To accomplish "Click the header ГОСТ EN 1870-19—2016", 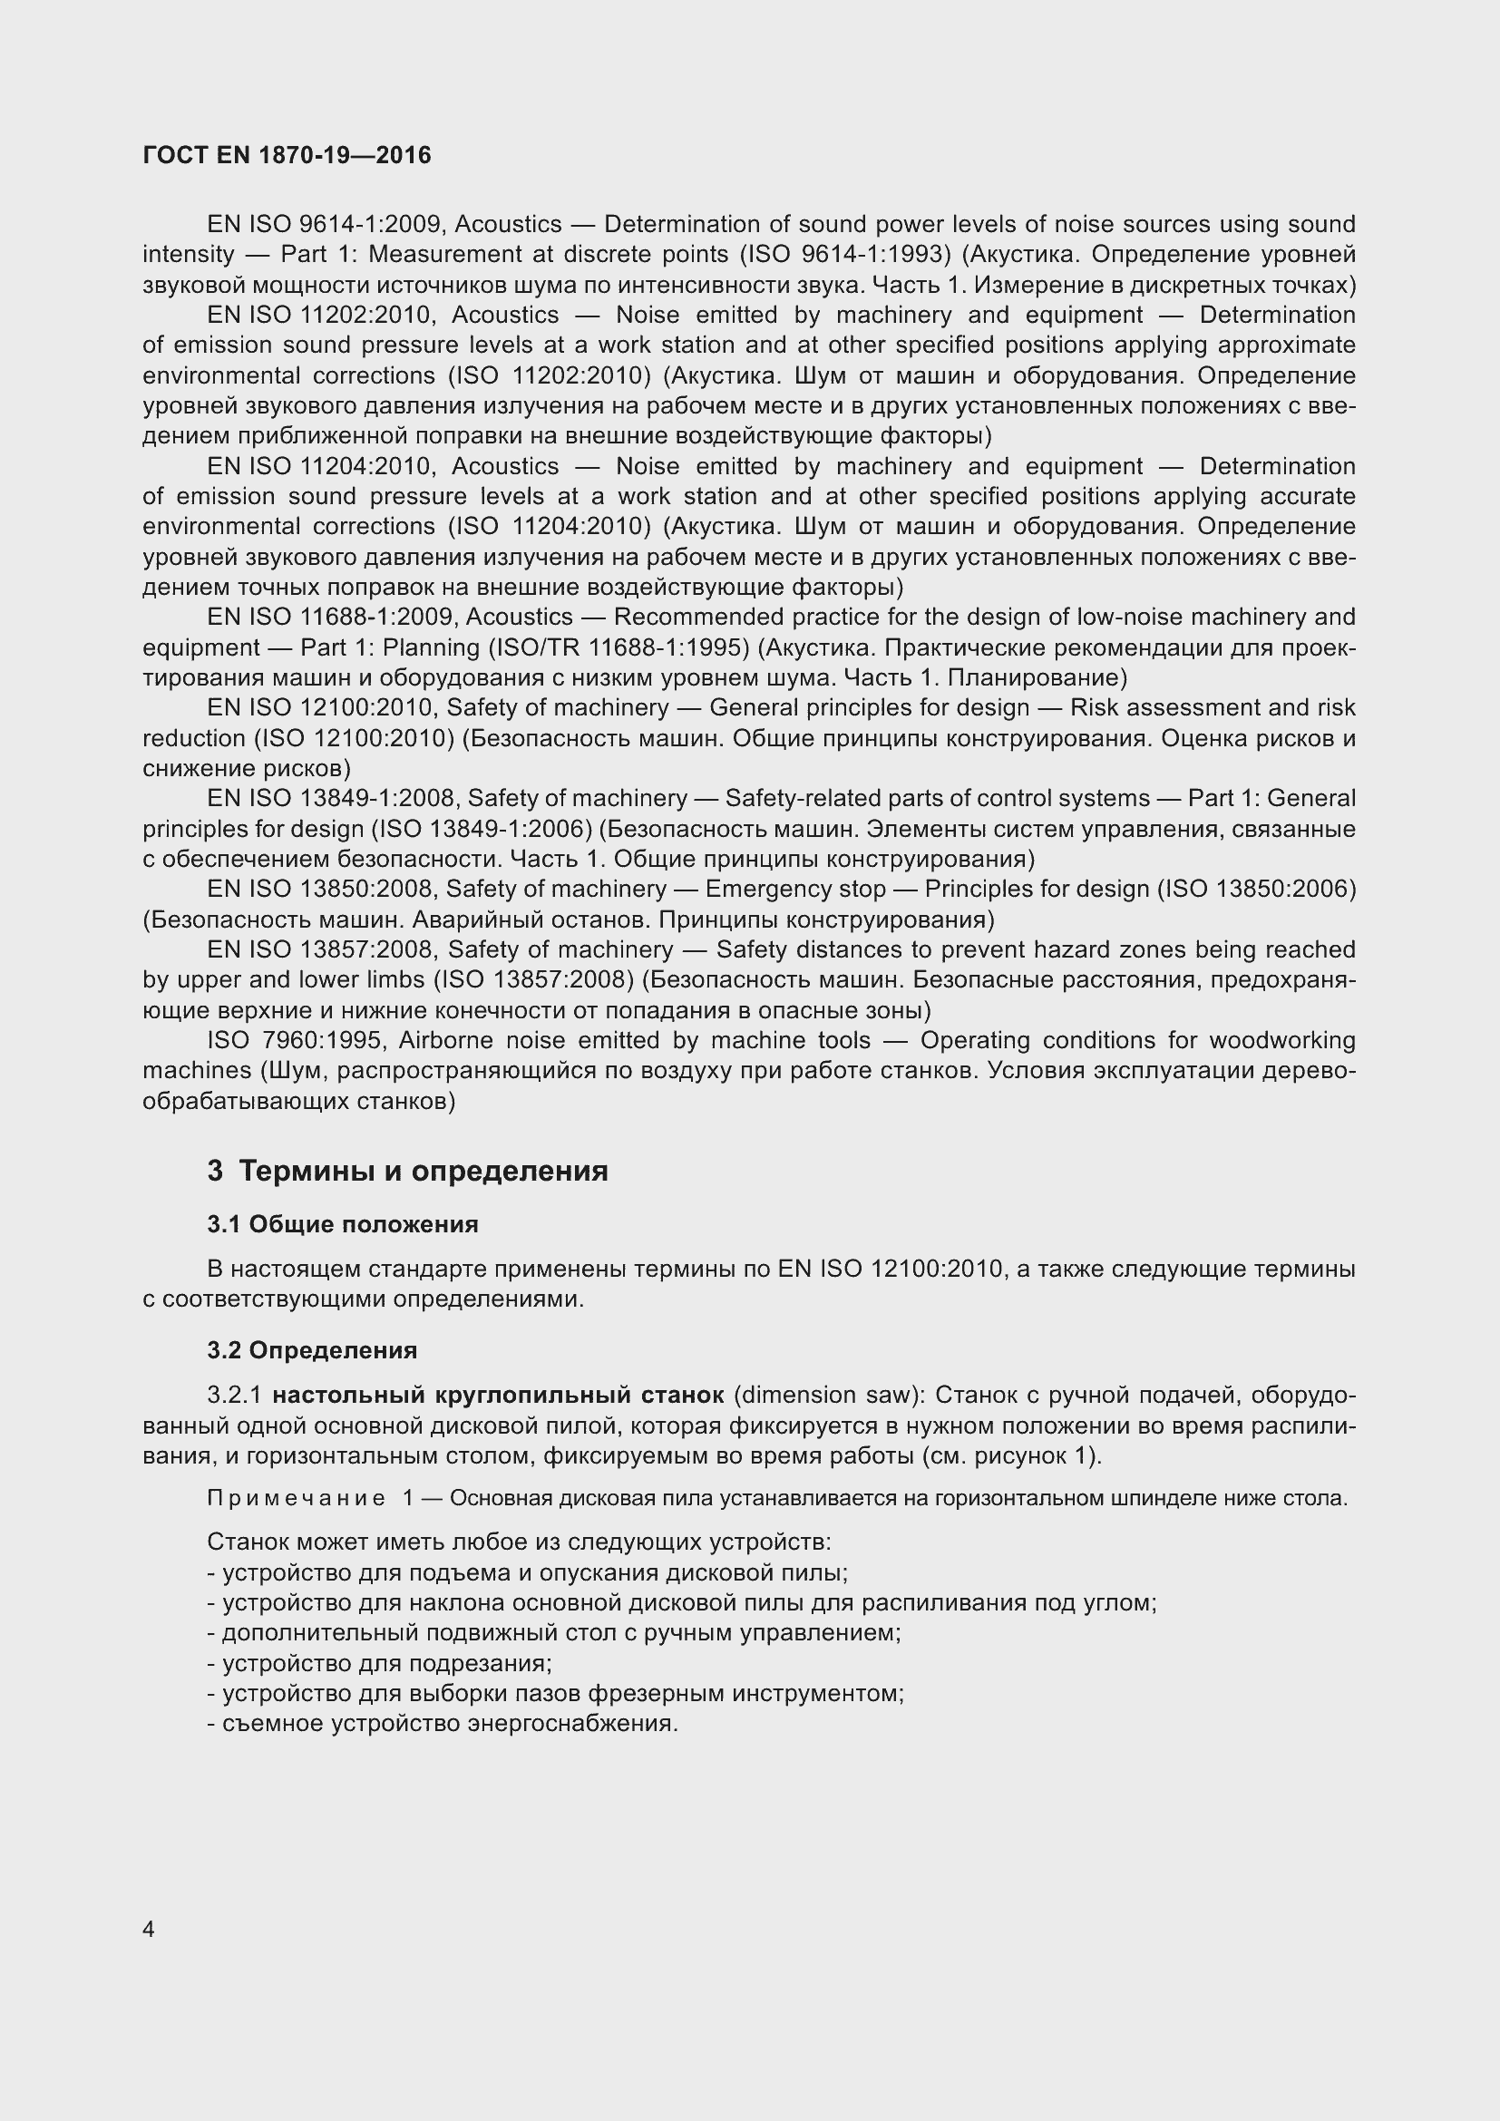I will coord(287,155).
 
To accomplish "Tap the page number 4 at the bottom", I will coord(149,1929).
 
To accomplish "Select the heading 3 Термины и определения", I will coord(407,1171).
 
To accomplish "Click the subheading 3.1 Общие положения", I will coord(343,1224).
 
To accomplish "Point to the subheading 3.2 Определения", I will coord(312,1349).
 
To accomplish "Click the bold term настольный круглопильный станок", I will coord(498,1394).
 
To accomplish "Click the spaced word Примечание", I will coord(296,1497).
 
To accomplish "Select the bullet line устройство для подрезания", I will coord(380,1663).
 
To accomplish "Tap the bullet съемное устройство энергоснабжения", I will coord(443,1723).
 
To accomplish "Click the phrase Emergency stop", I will coord(795,889).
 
